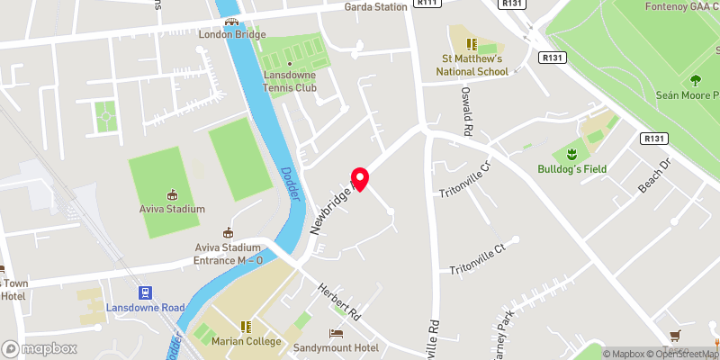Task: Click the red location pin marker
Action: (360, 179)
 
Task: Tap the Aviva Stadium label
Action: (172, 209)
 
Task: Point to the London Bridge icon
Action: (232, 22)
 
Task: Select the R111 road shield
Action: (427, 4)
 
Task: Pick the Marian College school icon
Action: (247, 327)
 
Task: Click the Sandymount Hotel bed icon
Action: (337, 333)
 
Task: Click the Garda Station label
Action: (376, 7)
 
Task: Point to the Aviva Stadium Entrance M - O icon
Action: (228, 233)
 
